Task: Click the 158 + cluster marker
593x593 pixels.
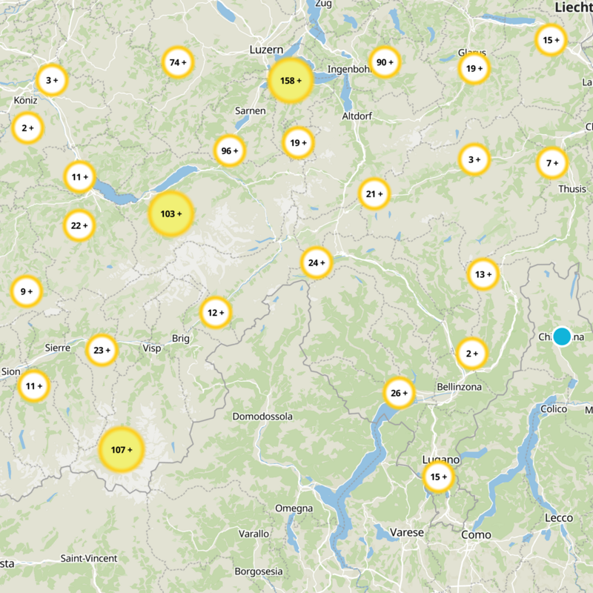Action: coord(290,81)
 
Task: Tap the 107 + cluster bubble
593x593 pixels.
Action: coord(122,449)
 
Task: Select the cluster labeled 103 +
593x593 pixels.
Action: coord(171,213)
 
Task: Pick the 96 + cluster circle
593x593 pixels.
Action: coord(230,150)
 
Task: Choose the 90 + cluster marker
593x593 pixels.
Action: coord(384,62)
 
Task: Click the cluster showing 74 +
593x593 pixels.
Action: coord(179,62)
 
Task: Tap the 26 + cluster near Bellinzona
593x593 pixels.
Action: coord(400,393)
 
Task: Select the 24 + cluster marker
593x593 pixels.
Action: coord(317,262)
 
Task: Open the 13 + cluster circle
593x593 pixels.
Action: coord(483,274)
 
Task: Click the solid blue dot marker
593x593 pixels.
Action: coord(562,337)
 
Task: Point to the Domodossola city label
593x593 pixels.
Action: coord(262,417)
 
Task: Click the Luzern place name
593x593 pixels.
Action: coord(267,49)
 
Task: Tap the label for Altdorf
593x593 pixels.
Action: coord(357,116)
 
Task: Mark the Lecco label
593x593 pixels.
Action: coord(559,517)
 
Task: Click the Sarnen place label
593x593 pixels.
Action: coord(250,110)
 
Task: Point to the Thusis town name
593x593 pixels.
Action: coord(572,189)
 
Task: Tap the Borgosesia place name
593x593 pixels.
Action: coord(259,572)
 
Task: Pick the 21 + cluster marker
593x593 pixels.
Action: coord(374,194)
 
